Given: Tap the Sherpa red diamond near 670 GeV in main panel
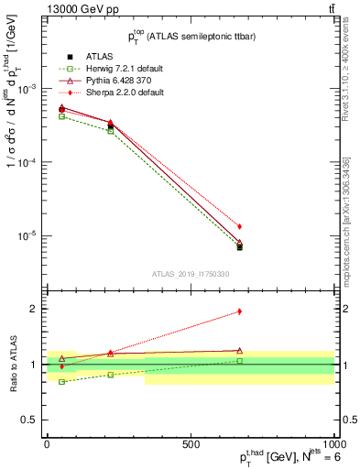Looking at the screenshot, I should coord(239,226).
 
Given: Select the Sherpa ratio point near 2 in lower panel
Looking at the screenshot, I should coord(239,311).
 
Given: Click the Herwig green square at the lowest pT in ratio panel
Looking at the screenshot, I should coord(61,381).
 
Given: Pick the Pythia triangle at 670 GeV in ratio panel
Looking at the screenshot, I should coord(239,351).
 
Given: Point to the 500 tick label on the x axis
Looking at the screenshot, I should coord(191,442).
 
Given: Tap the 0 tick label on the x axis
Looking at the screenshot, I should coord(47,442).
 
